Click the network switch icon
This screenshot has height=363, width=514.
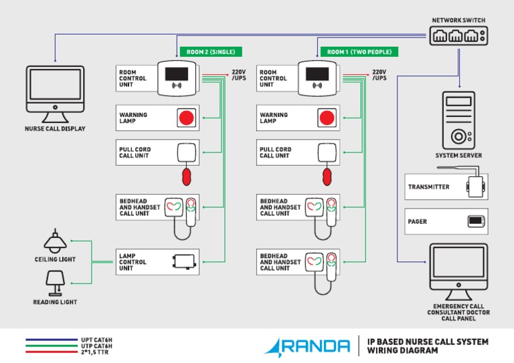point(458,36)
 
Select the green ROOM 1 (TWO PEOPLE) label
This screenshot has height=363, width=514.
point(359,51)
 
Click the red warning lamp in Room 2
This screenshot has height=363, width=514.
point(185,118)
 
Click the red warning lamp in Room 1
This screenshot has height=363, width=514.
point(326,118)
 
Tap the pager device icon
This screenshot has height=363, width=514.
point(475,221)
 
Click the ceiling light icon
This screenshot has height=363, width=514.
point(55,241)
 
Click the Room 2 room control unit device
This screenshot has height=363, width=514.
point(177,78)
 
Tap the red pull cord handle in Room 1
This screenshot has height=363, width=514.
point(327,176)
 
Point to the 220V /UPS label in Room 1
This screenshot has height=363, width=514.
point(379,75)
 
